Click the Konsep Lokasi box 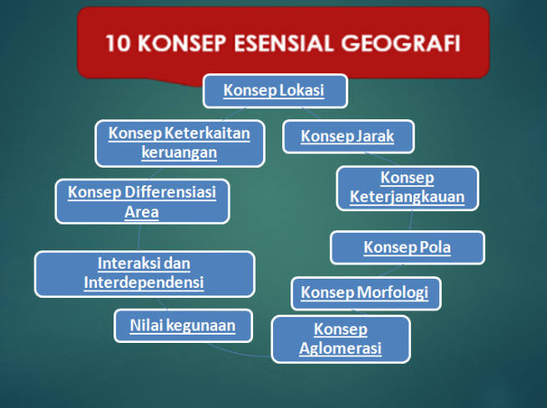point(276,91)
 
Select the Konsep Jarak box point(348,136)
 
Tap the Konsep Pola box point(408,247)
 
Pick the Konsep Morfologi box point(366,293)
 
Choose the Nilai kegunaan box point(183,325)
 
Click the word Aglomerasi point(341,348)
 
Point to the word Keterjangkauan point(407,197)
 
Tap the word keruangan point(180,153)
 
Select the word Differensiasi point(170,192)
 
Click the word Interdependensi point(144,282)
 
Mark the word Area point(142,212)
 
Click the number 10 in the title point(119,43)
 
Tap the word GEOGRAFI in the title point(401,43)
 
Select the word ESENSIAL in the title point(283,43)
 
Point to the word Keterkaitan point(207,133)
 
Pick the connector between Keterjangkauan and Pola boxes point(411,220)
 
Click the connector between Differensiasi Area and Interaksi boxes point(139,237)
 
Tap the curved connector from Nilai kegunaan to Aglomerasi point(237,352)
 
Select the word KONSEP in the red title point(182,43)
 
